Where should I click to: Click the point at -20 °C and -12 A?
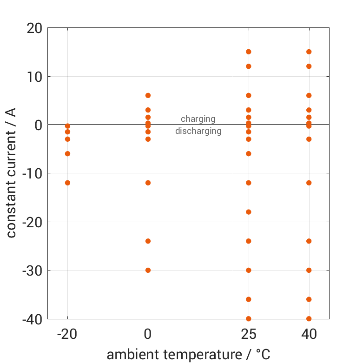pos(67,183)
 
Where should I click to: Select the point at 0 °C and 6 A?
pos(148,95)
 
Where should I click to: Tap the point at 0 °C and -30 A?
pos(148,270)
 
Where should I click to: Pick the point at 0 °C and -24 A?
pos(148,241)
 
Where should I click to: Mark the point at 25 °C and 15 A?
pos(249,52)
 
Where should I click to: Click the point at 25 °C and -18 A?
pos(249,212)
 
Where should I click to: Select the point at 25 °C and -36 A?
pos(249,299)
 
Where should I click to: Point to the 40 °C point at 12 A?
pos(309,66)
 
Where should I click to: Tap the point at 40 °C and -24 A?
pos(309,241)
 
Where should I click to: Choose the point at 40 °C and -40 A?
pos(309,318)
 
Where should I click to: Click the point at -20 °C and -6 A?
pos(67,153)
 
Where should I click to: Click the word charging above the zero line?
pos(198,119)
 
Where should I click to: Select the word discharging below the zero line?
pos(198,131)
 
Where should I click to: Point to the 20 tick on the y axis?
pos(34,28)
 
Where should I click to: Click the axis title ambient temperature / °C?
pos(188,355)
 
